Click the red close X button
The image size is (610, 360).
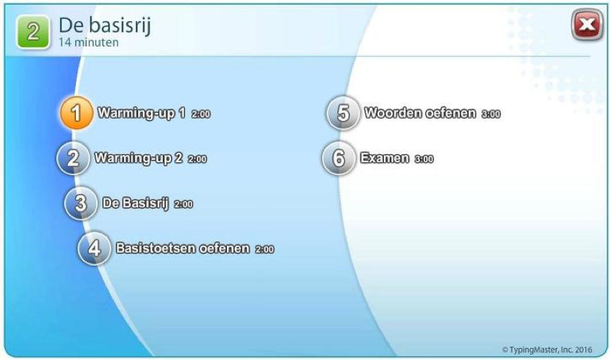point(587,25)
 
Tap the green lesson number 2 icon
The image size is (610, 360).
point(33,32)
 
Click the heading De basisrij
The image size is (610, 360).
point(104,26)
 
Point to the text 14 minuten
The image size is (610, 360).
point(89,42)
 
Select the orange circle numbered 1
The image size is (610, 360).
point(77,113)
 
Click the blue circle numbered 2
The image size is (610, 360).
point(73,158)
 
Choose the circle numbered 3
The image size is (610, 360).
point(80,203)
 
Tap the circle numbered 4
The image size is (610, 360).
point(94,248)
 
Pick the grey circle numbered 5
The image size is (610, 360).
point(343,113)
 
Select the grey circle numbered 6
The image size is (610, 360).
point(339,158)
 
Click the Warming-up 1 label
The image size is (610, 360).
point(141,113)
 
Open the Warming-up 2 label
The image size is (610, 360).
point(138,159)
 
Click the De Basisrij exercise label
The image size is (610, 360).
point(135,204)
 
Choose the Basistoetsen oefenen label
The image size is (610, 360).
point(183,248)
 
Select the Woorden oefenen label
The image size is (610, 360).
point(420,113)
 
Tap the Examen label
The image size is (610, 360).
point(385,158)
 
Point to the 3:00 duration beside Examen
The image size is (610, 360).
point(424,159)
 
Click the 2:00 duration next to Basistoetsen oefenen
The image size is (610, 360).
point(264,249)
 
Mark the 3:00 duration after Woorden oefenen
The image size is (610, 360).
point(491,113)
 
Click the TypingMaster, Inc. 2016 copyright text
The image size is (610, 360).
point(547,350)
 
